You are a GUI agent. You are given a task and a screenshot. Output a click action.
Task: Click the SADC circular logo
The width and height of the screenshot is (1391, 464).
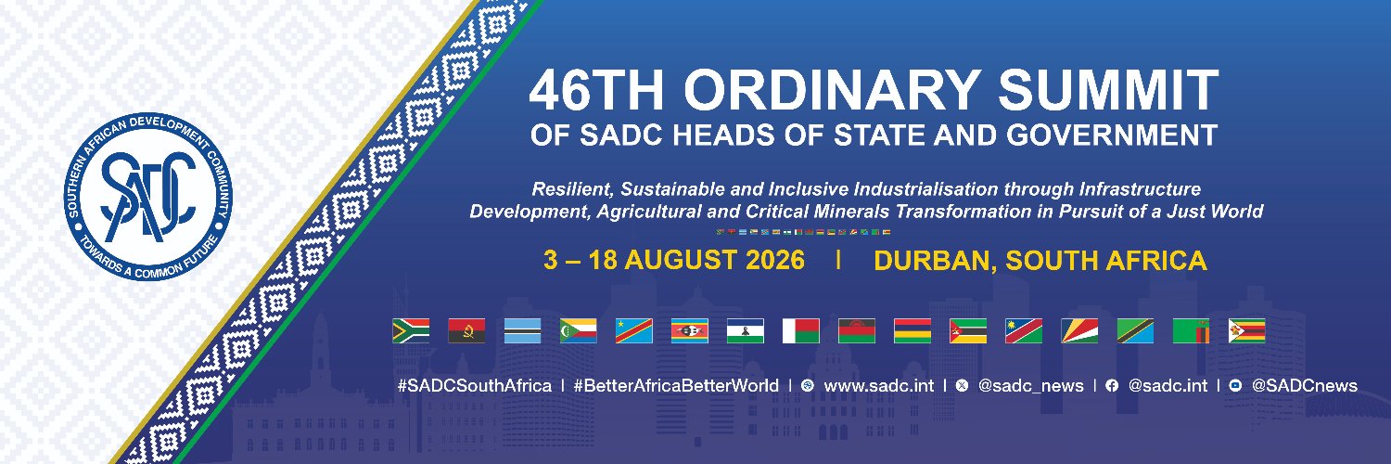(x=148, y=197)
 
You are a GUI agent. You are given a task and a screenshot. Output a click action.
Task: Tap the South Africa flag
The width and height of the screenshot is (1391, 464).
(x=411, y=331)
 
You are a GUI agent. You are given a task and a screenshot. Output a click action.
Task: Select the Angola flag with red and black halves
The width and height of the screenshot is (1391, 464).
(x=466, y=331)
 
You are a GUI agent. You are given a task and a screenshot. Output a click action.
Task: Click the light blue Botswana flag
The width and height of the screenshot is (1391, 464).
(x=522, y=331)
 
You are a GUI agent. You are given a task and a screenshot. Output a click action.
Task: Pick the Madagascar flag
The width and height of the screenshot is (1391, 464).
(x=801, y=331)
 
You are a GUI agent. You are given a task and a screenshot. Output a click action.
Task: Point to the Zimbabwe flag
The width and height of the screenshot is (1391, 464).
(x=1247, y=331)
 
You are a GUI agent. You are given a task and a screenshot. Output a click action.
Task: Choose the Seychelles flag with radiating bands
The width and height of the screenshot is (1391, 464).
(x=1080, y=331)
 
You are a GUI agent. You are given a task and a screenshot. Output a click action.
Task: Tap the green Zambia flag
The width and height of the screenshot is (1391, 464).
(x=1191, y=331)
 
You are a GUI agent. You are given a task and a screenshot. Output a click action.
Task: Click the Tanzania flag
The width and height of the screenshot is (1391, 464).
(x=1135, y=331)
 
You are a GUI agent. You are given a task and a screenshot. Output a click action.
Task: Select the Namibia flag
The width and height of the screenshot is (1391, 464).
(x=1024, y=331)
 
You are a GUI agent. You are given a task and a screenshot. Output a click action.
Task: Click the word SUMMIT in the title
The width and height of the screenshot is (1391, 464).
(x=1108, y=89)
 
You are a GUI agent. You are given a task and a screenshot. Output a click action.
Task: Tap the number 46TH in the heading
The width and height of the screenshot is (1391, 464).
(x=596, y=89)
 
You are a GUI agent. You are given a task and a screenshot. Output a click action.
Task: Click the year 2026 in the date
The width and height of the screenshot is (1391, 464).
(x=775, y=260)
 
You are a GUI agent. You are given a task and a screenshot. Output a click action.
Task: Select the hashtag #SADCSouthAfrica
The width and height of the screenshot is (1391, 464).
(x=475, y=386)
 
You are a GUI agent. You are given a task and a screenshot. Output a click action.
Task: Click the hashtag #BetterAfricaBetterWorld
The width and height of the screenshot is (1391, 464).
(x=676, y=386)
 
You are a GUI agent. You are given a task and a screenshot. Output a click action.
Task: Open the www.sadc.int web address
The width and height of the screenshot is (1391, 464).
(x=879, y=386)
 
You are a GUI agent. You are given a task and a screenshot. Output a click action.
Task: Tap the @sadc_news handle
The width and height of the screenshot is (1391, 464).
(x=1031, y=386)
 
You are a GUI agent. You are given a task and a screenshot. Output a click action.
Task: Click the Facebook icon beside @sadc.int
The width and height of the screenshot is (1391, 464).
(x=1112, y=386)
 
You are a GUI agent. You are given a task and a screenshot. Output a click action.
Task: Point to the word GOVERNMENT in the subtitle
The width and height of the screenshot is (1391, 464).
(x=1112, y=135)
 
